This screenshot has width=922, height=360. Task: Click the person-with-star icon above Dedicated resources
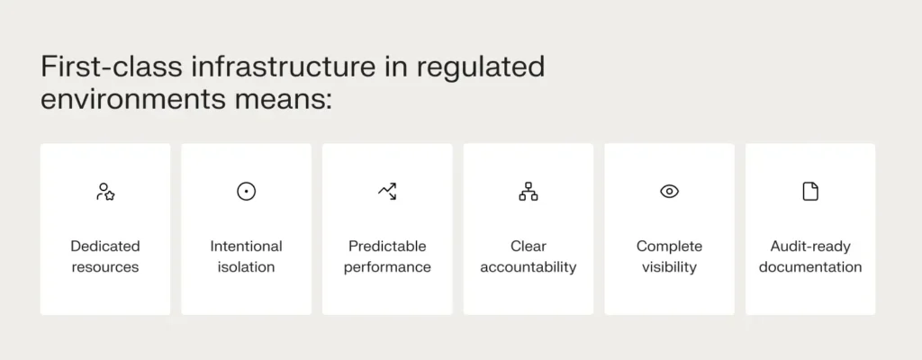[x=105, y=191]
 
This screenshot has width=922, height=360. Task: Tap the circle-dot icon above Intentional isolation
[x=246, y=191]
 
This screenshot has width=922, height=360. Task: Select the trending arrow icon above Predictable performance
[x=387, y=191]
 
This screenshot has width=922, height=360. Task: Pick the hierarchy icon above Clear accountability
[x=529, y=191]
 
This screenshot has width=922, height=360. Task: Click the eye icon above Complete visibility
[x=669, y=191]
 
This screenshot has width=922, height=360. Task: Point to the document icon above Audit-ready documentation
[x=810, y=191]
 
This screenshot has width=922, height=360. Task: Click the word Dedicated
[x=105, y=246]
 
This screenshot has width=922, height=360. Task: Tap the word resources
[x=105, y=267]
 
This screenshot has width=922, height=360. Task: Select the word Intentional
[x=246, y=246]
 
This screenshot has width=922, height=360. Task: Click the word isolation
[x=246, y=267]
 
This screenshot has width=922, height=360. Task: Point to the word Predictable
[x=387, y=246]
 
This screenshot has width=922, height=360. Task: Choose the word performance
[x=387, y=267]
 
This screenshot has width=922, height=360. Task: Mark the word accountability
[x=529, y=267]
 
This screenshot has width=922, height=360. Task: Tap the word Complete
[x=669, y=246]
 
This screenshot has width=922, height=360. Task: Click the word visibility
[x=669, y=267]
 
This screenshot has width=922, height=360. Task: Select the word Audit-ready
[x=810, y=246]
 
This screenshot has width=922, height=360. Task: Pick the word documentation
[x=810, y=267]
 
